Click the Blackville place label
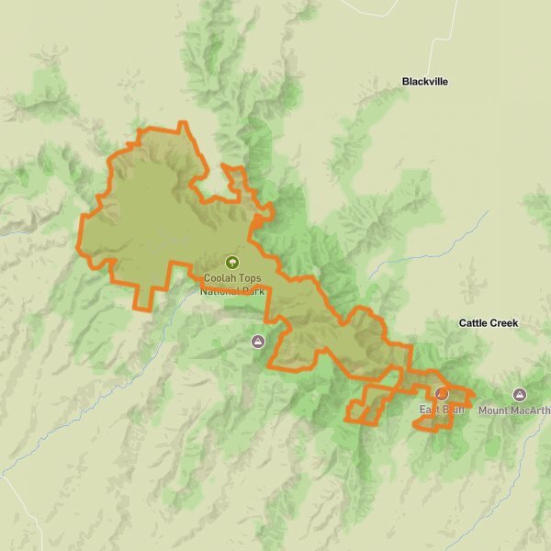424,82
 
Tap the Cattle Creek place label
488,323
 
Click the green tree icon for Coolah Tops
231,263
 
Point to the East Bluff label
442,410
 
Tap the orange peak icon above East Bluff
442,393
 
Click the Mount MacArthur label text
513,410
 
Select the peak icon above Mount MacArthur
520,394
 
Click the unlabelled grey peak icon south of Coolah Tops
257,342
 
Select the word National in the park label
220,291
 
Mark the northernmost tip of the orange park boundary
182,123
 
